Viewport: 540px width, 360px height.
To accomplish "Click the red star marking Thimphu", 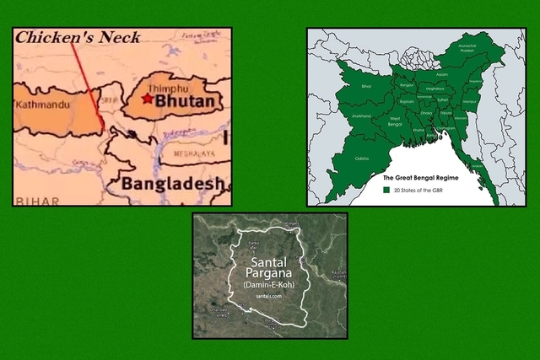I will [148, 99].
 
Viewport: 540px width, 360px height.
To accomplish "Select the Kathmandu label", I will [41, 105].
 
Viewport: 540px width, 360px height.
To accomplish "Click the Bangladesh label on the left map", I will [173, 182].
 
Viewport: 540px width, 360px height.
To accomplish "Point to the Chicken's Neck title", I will [78, 36].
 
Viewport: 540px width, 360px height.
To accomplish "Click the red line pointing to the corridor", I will [88, 84].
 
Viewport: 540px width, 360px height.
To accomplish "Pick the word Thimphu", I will [165, 88].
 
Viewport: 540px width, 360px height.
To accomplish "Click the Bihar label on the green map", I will [342, 85].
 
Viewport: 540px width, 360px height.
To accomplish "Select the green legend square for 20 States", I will [387, 191].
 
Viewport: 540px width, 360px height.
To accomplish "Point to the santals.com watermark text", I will [270, 303].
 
